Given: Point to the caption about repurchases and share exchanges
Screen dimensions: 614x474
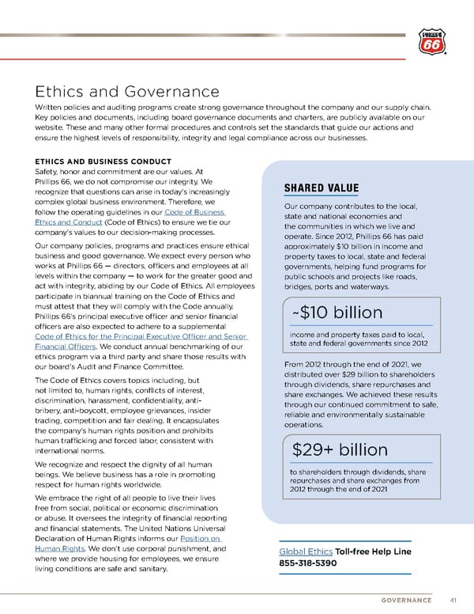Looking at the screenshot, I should [x=359, y=480].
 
